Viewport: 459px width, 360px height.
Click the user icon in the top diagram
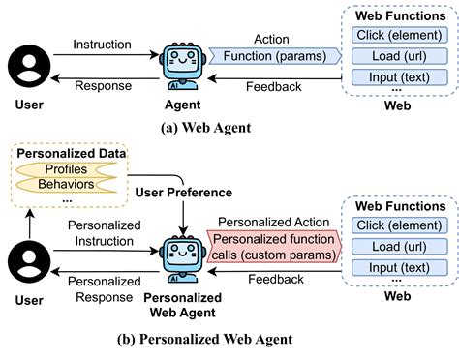click(x=28, y=65)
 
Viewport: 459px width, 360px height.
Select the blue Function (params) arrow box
click(x=275, y=56)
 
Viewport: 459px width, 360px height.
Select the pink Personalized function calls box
click(x=275, y=247)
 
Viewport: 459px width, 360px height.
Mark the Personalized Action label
click(x=275, y=221)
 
